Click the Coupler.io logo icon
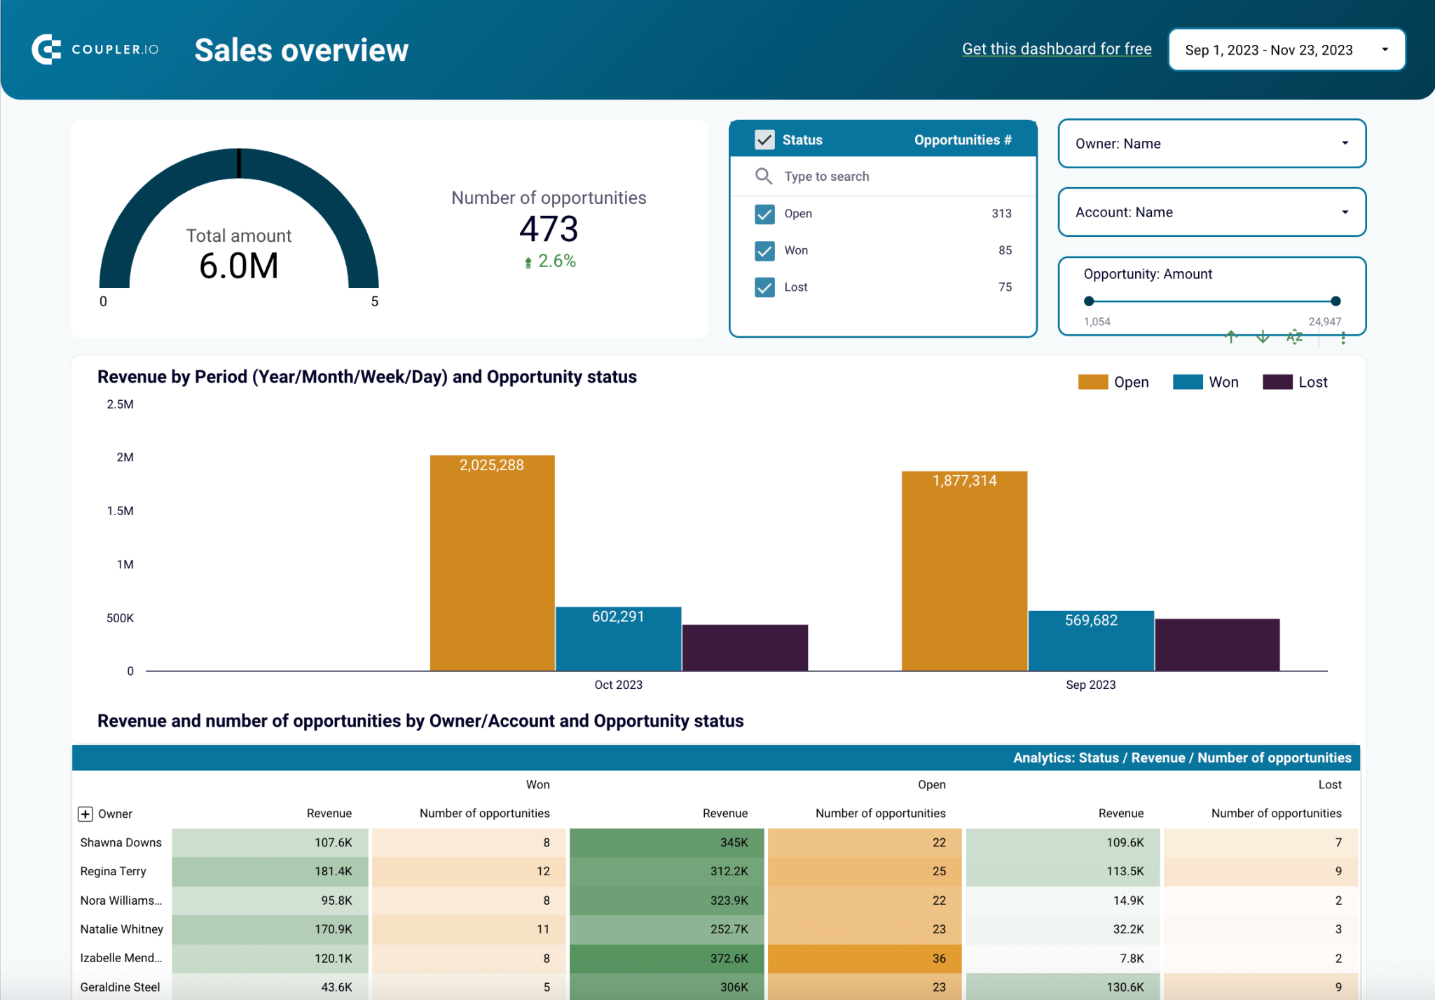46,49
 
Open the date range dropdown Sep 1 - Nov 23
1286,50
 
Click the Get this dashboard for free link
1056,49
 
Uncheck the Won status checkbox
764,250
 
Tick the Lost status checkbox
764,287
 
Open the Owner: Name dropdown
1211,144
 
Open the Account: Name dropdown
1211,212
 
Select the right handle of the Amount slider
1336,301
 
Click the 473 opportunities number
549,229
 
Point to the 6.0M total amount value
239,266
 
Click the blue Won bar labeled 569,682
1091,641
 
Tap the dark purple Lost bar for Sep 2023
1217,645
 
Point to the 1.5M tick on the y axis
121,511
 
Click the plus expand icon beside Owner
85,814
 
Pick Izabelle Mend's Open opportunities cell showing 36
867,958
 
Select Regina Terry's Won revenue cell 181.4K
270,871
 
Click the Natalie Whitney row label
122,929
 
